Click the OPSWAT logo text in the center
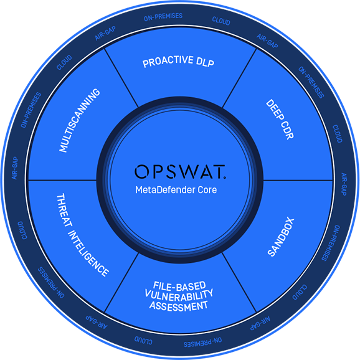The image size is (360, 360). [180, 171]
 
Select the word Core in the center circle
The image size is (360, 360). [207, 190]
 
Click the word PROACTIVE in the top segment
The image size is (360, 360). [168, 62]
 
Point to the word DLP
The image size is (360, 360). [206, 62]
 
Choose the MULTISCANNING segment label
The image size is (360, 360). [80, 120]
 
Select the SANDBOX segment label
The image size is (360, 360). [281, 237]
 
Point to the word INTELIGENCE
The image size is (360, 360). [88, 253]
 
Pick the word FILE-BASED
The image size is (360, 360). [179, 286]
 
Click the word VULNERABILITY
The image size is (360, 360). [179, 296]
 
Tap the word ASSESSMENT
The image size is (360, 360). [179, 306]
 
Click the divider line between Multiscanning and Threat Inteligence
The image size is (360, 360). [62, 180]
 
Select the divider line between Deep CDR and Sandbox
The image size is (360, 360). [298, 180]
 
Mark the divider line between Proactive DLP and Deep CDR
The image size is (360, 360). [239, 78]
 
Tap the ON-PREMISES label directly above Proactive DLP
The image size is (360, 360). [163, 17]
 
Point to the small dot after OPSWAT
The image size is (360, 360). [225, 177]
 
